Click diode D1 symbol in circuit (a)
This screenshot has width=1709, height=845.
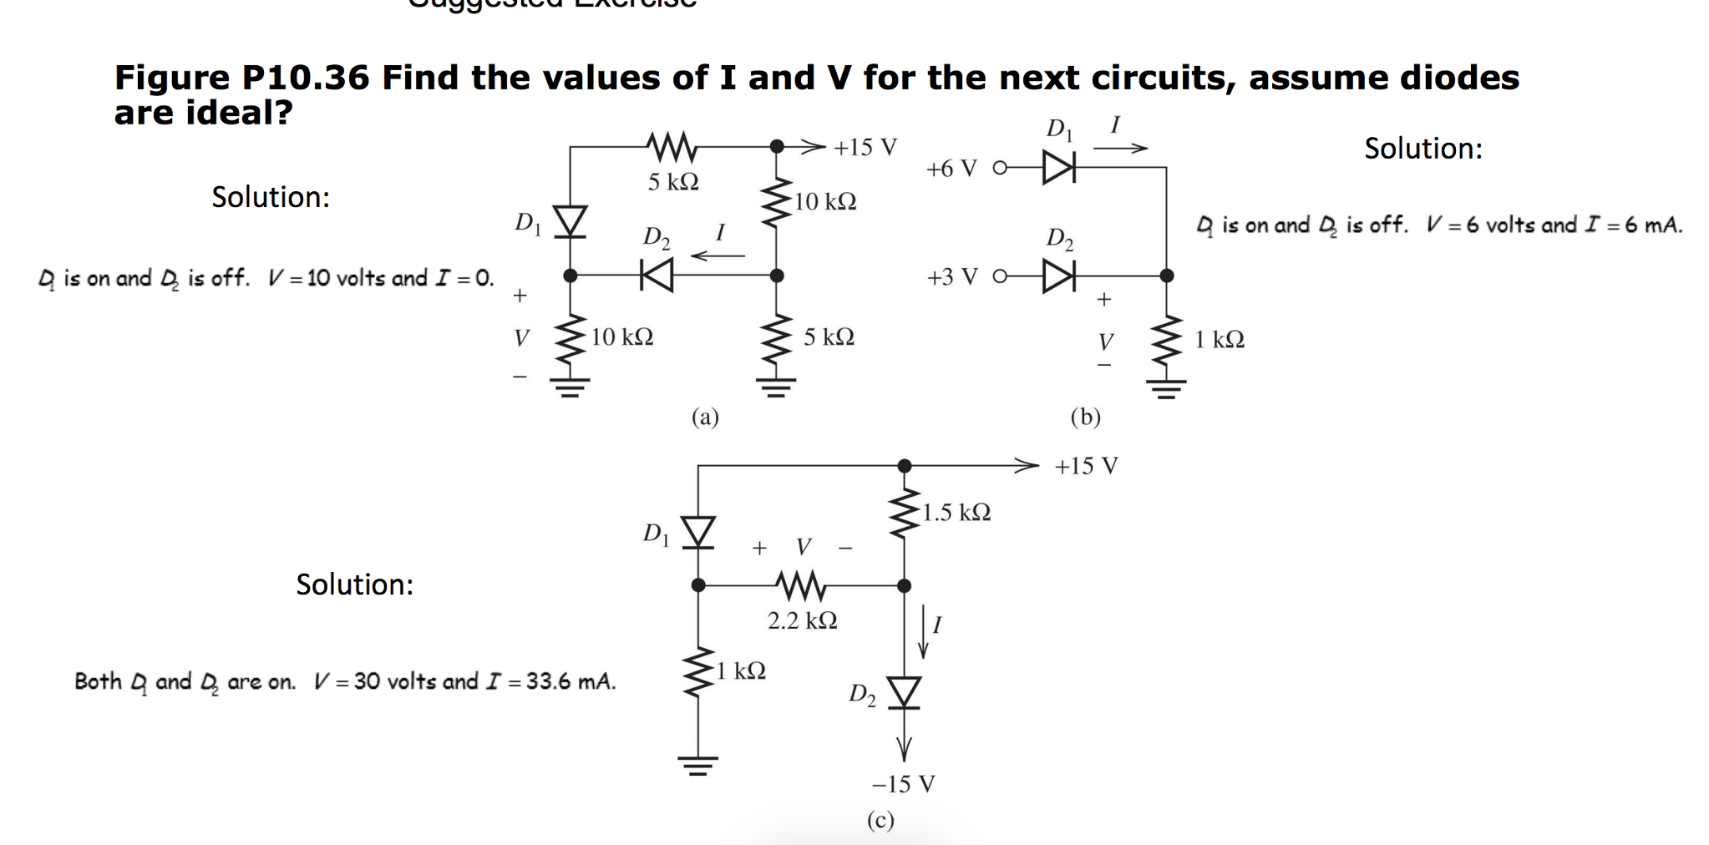pos(571,222)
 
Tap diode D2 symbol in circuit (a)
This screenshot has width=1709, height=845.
pos(657,276)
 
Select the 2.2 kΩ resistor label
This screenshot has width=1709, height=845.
pos(802,620)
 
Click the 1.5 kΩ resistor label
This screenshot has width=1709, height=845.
pos(956,512)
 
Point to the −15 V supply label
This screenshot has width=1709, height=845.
pos(903,784)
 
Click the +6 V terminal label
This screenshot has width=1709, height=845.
pos(951,169)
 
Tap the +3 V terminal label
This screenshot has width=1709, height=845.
pos(951,277)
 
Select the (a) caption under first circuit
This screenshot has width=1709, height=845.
pos(705,416)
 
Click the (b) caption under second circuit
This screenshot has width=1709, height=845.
pos(1085,416)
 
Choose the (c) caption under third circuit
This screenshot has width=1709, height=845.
pos(880,820)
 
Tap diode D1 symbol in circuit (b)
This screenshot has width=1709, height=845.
pos(1058,168)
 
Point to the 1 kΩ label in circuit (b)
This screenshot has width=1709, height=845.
pos(1219,340)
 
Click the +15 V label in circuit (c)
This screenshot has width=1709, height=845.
pos(1086,466)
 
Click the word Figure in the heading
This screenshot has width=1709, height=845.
pos(172,78)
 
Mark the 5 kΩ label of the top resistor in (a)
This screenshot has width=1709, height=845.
pos(673,181)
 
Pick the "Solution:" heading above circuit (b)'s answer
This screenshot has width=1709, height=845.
pos(1423,149)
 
